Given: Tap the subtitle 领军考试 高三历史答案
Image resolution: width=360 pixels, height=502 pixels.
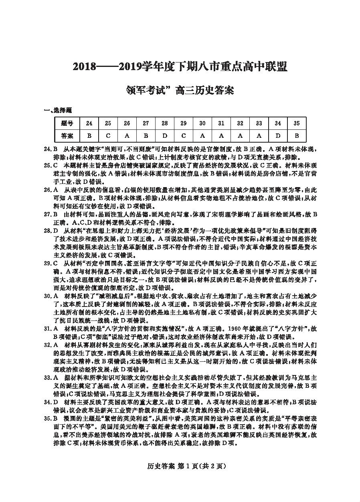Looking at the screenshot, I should [180, 90].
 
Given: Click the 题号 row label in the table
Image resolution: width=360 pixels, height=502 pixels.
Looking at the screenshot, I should [67, 123].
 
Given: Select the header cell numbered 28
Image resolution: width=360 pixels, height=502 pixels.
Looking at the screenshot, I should [164, 123].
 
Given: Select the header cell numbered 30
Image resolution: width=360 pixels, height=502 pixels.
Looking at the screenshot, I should [202, 123].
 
